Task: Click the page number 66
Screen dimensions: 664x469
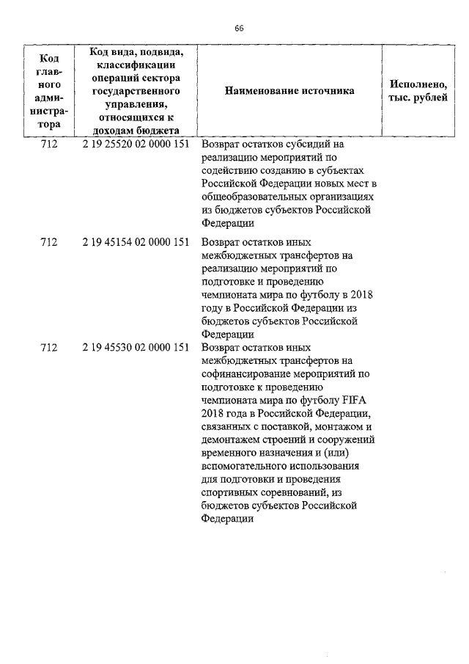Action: pos(239,29)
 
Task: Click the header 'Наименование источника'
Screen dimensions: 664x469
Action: pos(289,91)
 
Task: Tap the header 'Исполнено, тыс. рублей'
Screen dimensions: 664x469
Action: pos(417,91)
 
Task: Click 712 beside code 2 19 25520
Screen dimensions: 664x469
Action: pos(49,145)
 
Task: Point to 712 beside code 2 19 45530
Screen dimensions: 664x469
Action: pos(49,347)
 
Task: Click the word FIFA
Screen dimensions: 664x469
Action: pos(358,400)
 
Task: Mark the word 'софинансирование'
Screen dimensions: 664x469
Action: pos(245,373)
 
